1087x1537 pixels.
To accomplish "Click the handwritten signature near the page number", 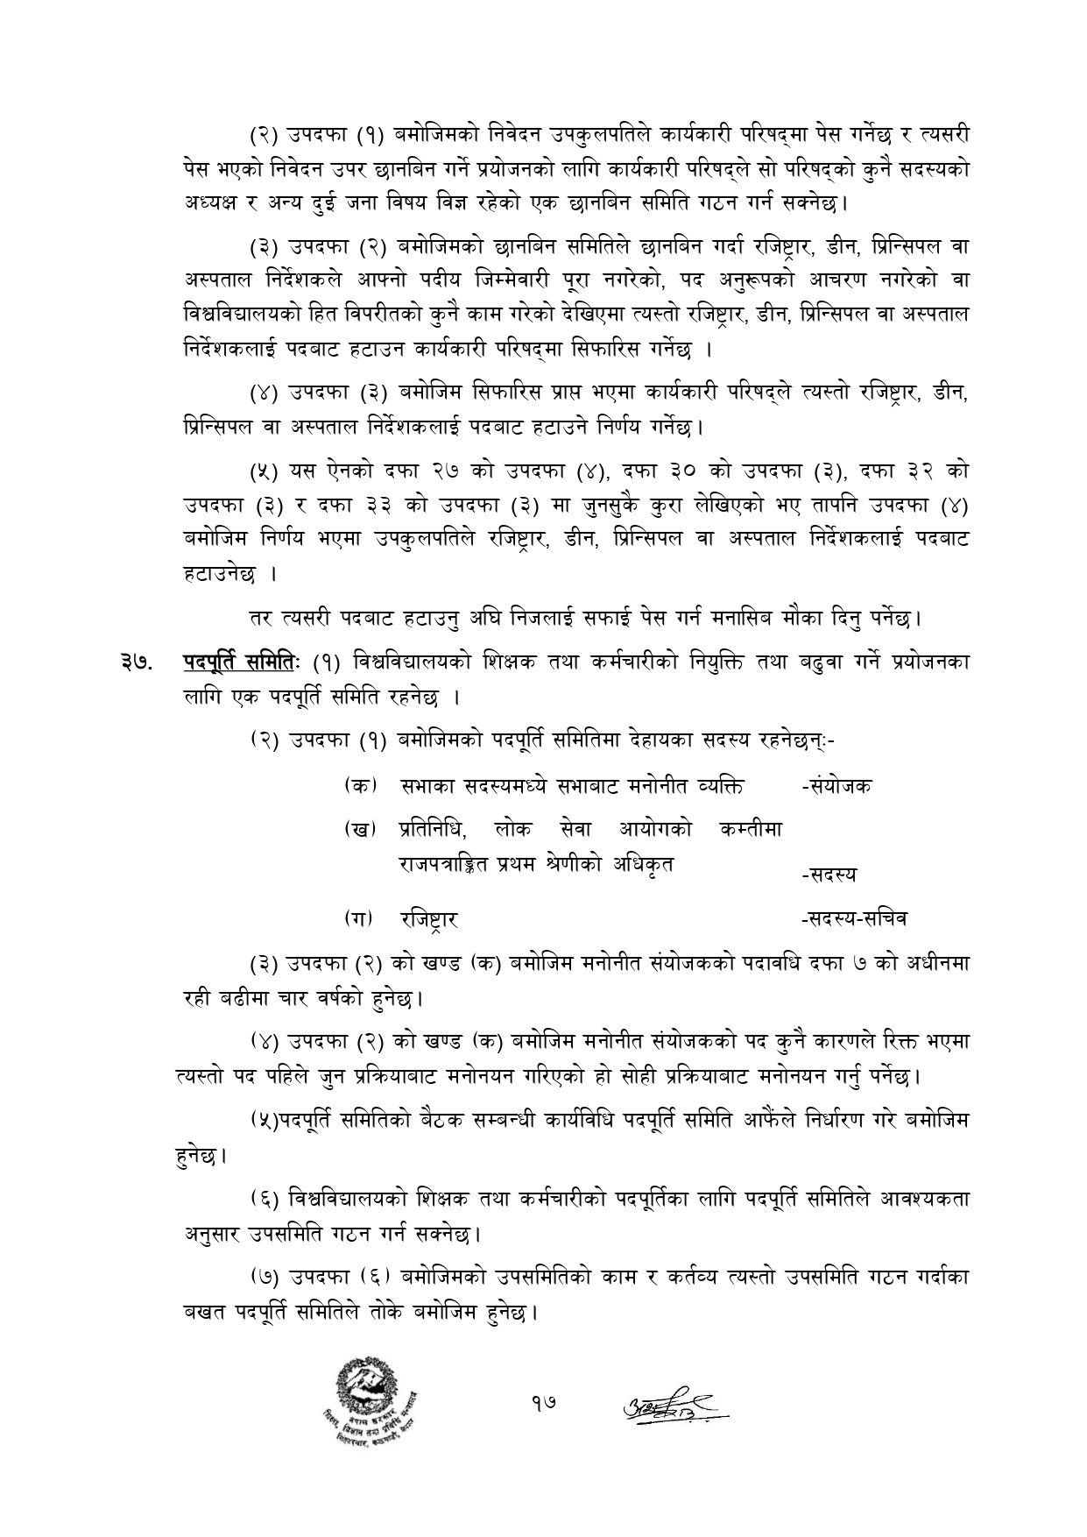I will tap(674, 1405).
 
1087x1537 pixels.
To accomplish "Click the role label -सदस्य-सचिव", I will tap(854, 918).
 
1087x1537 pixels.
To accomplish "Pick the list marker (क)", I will tap(360, 786).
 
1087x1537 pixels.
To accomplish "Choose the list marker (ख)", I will tap(360, 828).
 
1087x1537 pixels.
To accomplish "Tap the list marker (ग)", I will tap(359, 919).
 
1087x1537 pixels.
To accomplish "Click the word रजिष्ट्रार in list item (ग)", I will tap(429, 919).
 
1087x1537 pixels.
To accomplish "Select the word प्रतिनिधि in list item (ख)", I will tap(432, 828).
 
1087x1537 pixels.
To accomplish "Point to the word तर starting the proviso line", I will tap(258, 620).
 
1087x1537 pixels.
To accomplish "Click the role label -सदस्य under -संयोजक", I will tap(828, 874).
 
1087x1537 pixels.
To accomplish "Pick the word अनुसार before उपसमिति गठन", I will tap(210, 1236).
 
